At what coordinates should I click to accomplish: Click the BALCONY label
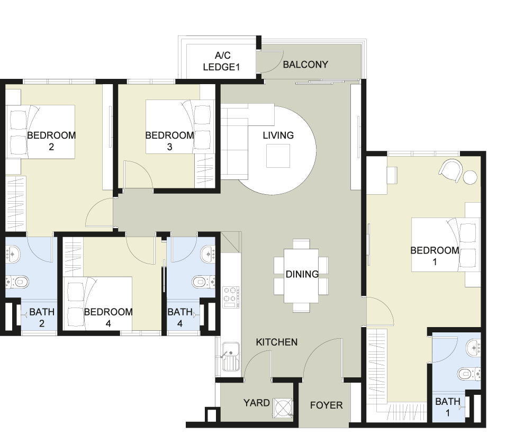(x=305, y=65)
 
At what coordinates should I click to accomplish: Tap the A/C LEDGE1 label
(x=222, y=61)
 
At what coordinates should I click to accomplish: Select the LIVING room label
(x=278, y=135)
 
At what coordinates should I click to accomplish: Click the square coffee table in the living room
(x=278, y=156)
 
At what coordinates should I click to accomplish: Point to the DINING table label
(x=302, y=274)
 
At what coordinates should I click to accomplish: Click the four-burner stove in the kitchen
(x=231, y=297)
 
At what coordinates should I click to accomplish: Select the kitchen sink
(x=231, y=357)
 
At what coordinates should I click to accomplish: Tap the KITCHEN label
(x=277, y=342)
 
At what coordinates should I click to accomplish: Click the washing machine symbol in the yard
(x=283, y=407)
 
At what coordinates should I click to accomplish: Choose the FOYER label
(x=326, y=405)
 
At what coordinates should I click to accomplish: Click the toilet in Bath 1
(x=469, y=374)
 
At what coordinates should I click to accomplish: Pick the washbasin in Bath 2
(x=13, y=255)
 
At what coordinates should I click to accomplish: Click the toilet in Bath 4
(x=204, y=282)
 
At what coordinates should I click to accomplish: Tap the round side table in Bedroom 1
(x=470, y=177)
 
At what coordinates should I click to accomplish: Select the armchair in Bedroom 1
(x=451, y=170)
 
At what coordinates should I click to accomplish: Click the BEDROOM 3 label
(x=169, y=141)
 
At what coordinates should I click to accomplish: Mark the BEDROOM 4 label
(x=108, y=318)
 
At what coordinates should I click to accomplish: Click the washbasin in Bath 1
(x=474, y=348)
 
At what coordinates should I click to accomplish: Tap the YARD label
(x=256, y=403)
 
